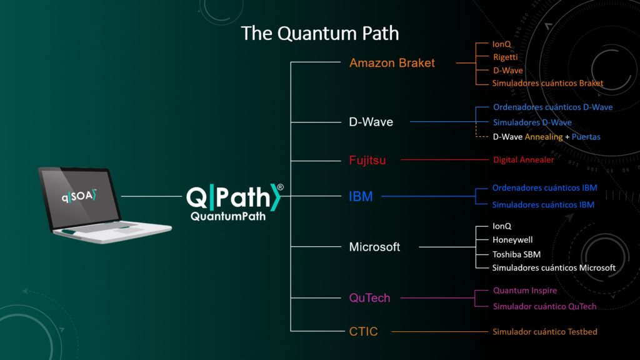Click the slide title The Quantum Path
tap(320, 34)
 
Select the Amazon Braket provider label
tap(392, 63)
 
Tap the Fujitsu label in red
tap(367, 160)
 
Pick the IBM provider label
tap(361, 196)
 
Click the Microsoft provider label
tap(374, 247)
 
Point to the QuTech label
tap(369, 298)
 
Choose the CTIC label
tap(363, 331)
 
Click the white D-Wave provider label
tap(371, 122)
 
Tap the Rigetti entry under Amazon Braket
tap(505, 57)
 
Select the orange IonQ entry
tap(502, 44)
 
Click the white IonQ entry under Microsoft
tap(502, 226)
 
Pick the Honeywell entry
tap(512, 240)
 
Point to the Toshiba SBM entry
tap(516, 254)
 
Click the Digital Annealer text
tap(524, 160)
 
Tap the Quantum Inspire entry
tap(525, 291)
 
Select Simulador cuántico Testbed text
tap(545, 332)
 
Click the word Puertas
tap(586, 137)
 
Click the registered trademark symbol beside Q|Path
tap(281, 187)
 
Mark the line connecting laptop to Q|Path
tap(151, 196)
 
